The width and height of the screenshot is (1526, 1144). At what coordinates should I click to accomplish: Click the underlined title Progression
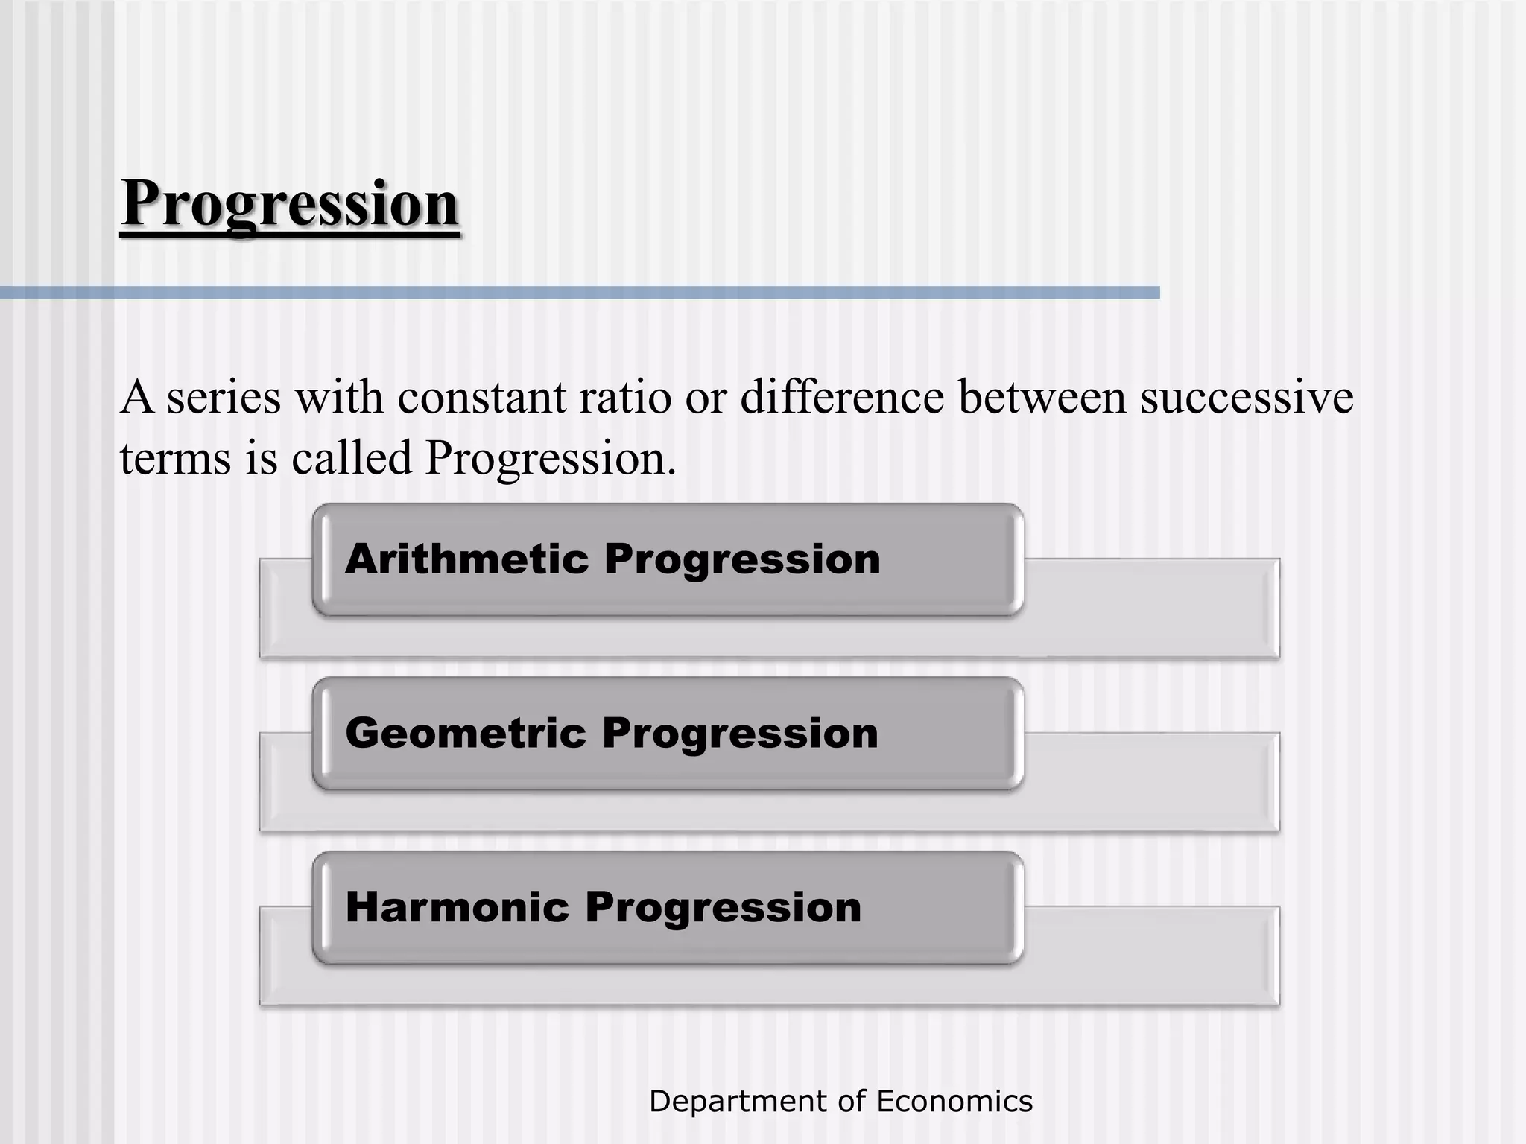[x=290, y=204]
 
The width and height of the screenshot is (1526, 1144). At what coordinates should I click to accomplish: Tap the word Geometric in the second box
[x=466, y=733]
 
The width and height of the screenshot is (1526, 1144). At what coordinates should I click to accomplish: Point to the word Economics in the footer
[x=954, y=1101]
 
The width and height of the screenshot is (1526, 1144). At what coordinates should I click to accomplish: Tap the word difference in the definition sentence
[x=842, y=397]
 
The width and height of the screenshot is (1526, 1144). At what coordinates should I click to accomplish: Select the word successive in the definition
[x=1247, y=397]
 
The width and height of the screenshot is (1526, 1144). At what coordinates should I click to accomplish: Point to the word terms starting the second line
[x=175, y=458]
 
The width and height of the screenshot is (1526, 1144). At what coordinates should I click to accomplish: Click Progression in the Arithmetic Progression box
[x=742, y=560]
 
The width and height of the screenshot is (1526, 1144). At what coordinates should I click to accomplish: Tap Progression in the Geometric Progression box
[x=741, y=734]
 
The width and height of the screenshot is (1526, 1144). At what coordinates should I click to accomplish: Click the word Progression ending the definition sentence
[x=549, y=458]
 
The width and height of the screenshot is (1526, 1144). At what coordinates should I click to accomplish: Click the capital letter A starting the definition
[x=136, y=397]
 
